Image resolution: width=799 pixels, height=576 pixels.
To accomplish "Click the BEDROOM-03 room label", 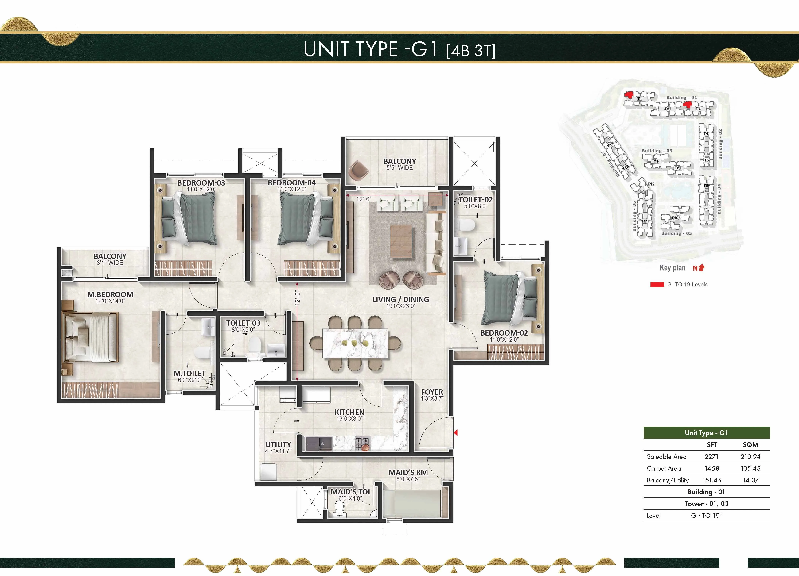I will coord(201,183).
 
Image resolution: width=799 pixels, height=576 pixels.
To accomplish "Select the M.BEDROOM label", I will coord(110,294).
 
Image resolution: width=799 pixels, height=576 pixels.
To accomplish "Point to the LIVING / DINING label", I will coord(401,299).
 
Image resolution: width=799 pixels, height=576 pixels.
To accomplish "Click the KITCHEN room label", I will coord(349,412).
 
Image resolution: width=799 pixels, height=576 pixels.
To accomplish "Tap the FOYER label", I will coord(432,392).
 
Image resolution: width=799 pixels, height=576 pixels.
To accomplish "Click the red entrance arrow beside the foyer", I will coord(455,432).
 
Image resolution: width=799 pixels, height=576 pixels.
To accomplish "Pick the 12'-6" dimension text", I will coord(364,199).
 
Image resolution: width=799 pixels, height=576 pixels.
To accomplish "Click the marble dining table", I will coord(355,344).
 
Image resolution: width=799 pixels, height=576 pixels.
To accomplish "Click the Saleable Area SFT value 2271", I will coord(711,457).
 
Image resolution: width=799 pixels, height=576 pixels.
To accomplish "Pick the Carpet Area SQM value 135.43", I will coord(750,468).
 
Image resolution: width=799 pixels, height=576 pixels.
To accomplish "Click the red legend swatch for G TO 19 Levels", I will coord(657,284).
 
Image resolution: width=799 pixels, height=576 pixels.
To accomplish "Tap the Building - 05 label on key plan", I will coord(676,233).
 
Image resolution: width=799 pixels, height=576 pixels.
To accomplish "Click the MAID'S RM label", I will coord(408,472).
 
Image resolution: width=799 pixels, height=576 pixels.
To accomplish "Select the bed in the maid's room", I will coord(412,503).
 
